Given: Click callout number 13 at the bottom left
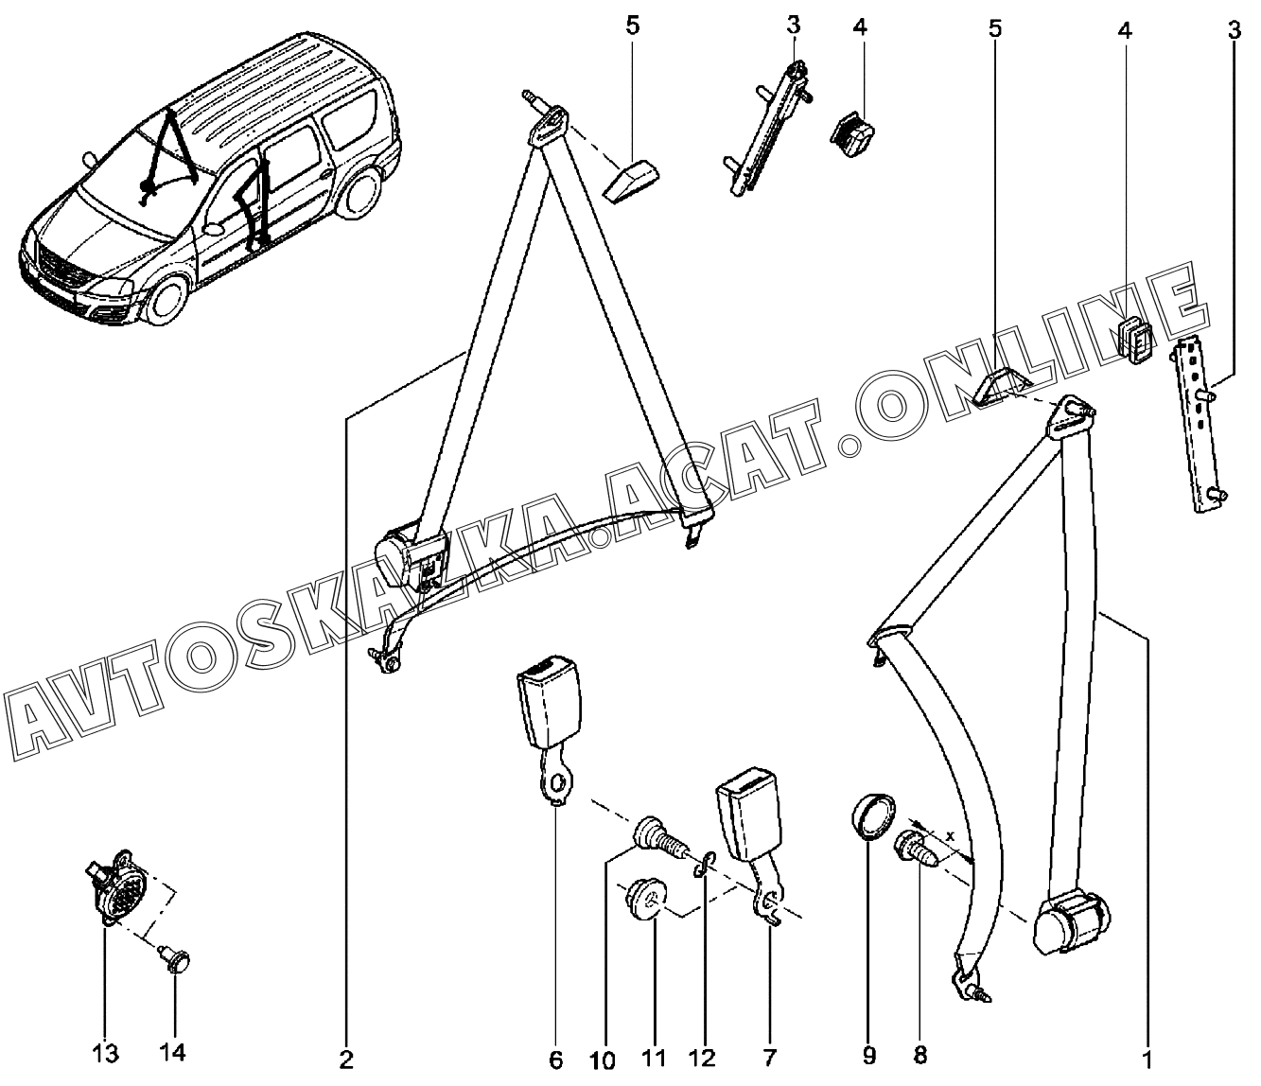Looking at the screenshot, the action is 105,1053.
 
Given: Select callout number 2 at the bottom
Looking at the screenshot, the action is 346,1060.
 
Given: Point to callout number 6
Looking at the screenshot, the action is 556,1060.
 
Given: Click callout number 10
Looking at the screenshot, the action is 603,1061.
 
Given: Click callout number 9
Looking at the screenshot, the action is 869,1056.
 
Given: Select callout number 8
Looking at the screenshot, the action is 920,1054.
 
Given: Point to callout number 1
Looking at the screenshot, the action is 1147,1060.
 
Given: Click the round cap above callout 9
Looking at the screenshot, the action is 871,817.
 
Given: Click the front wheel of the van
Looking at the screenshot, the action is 166,301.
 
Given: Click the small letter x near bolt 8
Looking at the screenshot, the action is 950,836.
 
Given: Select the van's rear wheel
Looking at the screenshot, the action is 359,192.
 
